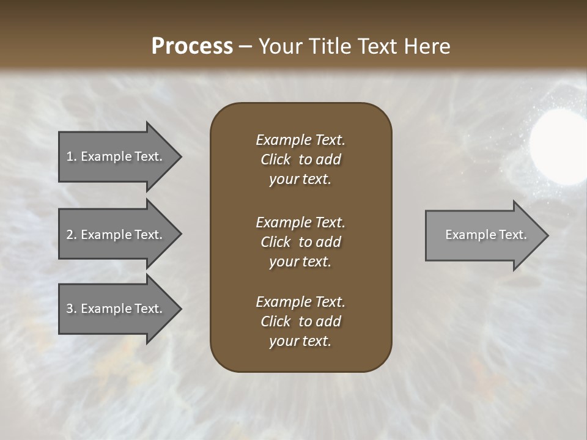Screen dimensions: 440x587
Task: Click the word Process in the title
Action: (x=192, y=46)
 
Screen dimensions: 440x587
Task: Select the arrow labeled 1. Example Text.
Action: (x=114, y=156)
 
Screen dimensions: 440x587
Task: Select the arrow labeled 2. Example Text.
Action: (x=114, y=235)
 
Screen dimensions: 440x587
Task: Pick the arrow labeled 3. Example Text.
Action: (x=114, y=309)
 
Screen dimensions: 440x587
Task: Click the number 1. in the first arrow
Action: (x=72, y=156)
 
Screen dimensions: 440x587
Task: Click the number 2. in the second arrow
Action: (x=72, y=235)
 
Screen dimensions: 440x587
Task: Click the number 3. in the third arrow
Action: (x=72, y=309)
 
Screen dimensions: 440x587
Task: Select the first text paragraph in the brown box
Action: (x=300, y=159)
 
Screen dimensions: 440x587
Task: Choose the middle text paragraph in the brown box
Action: (x=300, y=242)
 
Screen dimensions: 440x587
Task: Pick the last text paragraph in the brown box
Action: (x=300, y=321)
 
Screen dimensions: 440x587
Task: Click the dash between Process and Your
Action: (x=245, y=46)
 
